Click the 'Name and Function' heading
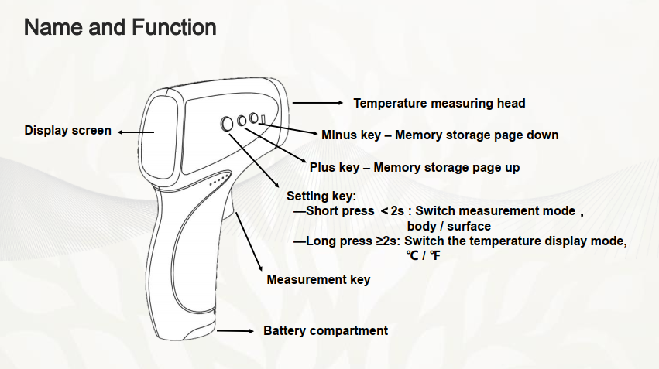point(120,27)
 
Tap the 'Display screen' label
point(67,131)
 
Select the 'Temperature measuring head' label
point(439,103)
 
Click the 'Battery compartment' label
point(325,331)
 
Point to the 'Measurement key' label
point(318,279)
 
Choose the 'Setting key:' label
point(321,196)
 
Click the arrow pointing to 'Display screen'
point(136,132)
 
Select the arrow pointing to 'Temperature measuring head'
point(317,102)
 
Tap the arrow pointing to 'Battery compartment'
point(235,331)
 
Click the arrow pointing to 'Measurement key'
point(249,241)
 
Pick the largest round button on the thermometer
point(227,124)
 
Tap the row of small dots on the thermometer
point(220,179)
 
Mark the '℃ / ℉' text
point(424,255)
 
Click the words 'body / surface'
point(449,226)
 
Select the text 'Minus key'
point(351,135)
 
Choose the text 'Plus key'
point(335,168)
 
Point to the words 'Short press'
point(340,210)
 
